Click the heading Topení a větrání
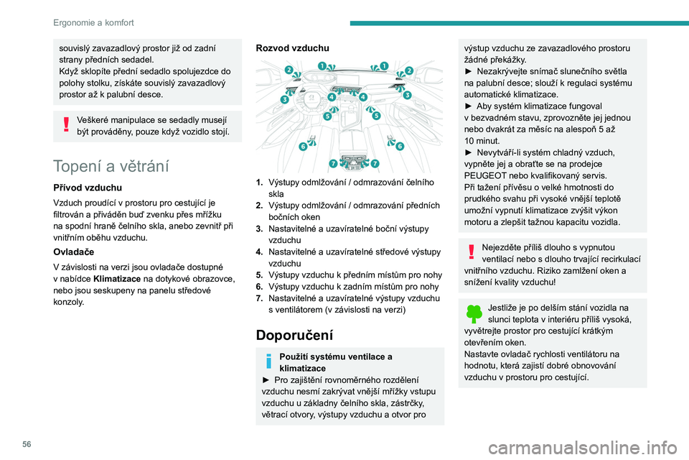coord(110,167)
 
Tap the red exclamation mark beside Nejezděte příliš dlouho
coord(471,250)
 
